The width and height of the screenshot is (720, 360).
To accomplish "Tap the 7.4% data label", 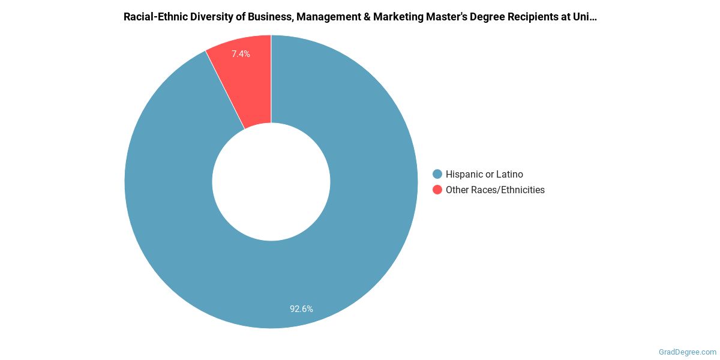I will (241, 54).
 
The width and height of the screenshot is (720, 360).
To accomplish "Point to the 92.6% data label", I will (301, 309).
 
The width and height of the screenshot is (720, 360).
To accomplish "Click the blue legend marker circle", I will (437, 174).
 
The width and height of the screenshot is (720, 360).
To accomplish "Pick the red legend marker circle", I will (437, 190).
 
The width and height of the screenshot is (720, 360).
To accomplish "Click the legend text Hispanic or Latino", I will (484, 174).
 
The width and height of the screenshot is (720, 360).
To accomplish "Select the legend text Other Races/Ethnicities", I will (495, 190).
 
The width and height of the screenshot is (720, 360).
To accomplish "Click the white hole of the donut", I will (271, 181).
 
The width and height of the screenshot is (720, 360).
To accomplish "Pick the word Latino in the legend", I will (509, 174).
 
